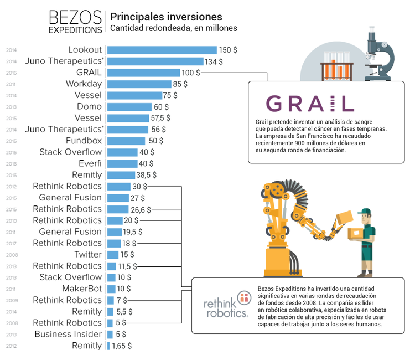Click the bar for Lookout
tap(160, 50)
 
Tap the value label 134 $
tap(214, 61)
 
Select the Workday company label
tap(84, 84)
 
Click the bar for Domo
tap(128, 107)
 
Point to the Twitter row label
tap(88, 255)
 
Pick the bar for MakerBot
tap(110, 289)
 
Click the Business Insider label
tap(68, 334)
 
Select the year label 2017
tap(11, 244)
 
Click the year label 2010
tap(11, 221)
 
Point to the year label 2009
tap(11, 300)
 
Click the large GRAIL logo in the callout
tap(310, 104)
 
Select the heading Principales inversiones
tap(167, 17)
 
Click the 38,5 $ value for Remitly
tap(146, 175)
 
